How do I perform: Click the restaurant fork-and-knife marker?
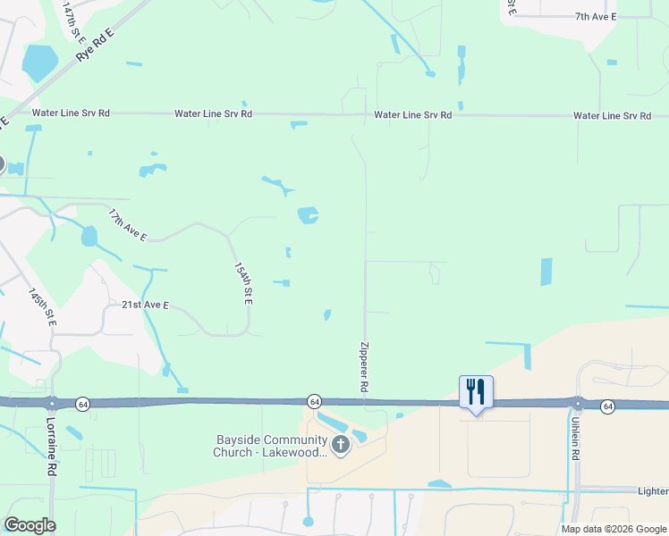pyautogui.click(x=476, y=391)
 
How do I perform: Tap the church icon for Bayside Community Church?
pyautogui.click(x=340, y=445)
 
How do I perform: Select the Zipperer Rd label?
pyautogui.click(x=364, y=367)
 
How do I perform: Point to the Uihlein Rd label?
pyautogui.click(x=574, y=440)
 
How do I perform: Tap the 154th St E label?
pyautogui.click(x=242, y=283)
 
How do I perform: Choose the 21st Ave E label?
pyautogui.click(x=146, y=305)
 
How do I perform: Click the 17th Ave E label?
pyautogui.click(x=127, y=225)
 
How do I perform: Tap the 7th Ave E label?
pyautogui.click(x=596, y=16)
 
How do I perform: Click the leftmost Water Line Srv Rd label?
pyautogui.click(x=71, y=113)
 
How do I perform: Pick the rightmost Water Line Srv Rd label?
pyautogui.click(x=612, y=116)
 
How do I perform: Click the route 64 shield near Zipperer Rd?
pyautogui.click(x=315, y=401)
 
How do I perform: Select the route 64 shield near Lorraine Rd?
pyautogui.click(x=81, y=403)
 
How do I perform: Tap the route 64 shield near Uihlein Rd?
pyautogui.click(x=608, y=406)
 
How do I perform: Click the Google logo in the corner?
pyautogui.click(x=30, y=525)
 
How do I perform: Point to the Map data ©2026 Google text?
pyautogui.click(x=613, y=529)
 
